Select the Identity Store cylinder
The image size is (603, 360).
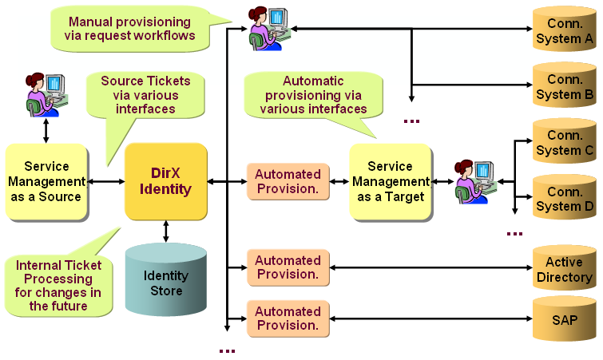166,281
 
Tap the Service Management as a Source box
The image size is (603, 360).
46,182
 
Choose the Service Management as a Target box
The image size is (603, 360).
390,182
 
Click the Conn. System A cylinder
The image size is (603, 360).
564,31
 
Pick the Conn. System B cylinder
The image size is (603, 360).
564,87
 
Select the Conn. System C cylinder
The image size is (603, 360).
564,143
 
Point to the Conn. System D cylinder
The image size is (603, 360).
564,199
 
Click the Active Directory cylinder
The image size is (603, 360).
564,270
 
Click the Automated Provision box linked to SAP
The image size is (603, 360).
288,318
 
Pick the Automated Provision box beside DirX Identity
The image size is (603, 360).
288,182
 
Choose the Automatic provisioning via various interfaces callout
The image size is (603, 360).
313,94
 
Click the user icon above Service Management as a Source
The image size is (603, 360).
45,94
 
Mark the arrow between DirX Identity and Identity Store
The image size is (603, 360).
166,231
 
